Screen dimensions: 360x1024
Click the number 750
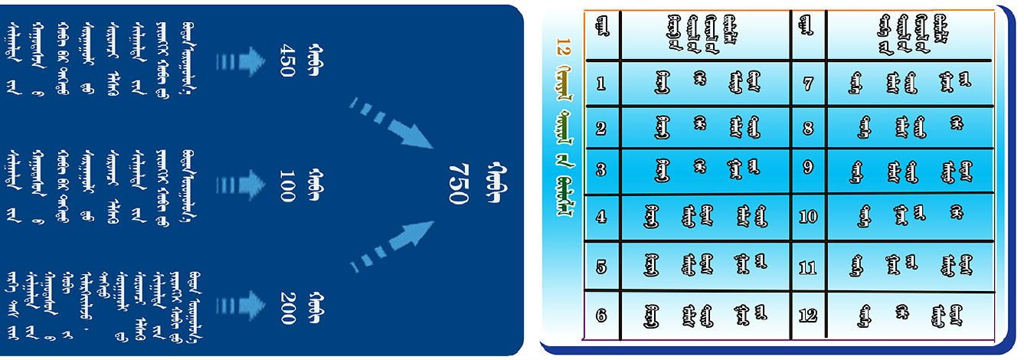click(x=457, y=184)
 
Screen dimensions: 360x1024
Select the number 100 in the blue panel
click(x=286, y=186)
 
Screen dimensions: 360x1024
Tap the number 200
click(x=286, y=307)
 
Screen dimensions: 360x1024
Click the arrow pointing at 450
click(x=240, y=62)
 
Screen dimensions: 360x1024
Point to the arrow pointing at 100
click(x=240, y=185)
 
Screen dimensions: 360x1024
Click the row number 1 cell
click(x=601, y=83)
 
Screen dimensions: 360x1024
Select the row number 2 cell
click(x=601, y=128)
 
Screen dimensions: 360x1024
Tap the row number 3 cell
click(x=601, y=170)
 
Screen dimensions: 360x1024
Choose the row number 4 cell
click(x=601, y=217)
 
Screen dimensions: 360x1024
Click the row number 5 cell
click(x=601, y=267)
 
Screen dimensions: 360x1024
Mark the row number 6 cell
click(x=601, y=314)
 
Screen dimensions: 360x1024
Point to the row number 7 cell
click(x=808, y=83)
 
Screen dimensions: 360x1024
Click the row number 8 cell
click(x=808, y=128)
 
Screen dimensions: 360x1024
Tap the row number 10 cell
click(x=808, y=216)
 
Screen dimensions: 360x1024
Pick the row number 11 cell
click(x=808, y=267)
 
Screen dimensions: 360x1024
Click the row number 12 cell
click(x=808, y=314)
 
